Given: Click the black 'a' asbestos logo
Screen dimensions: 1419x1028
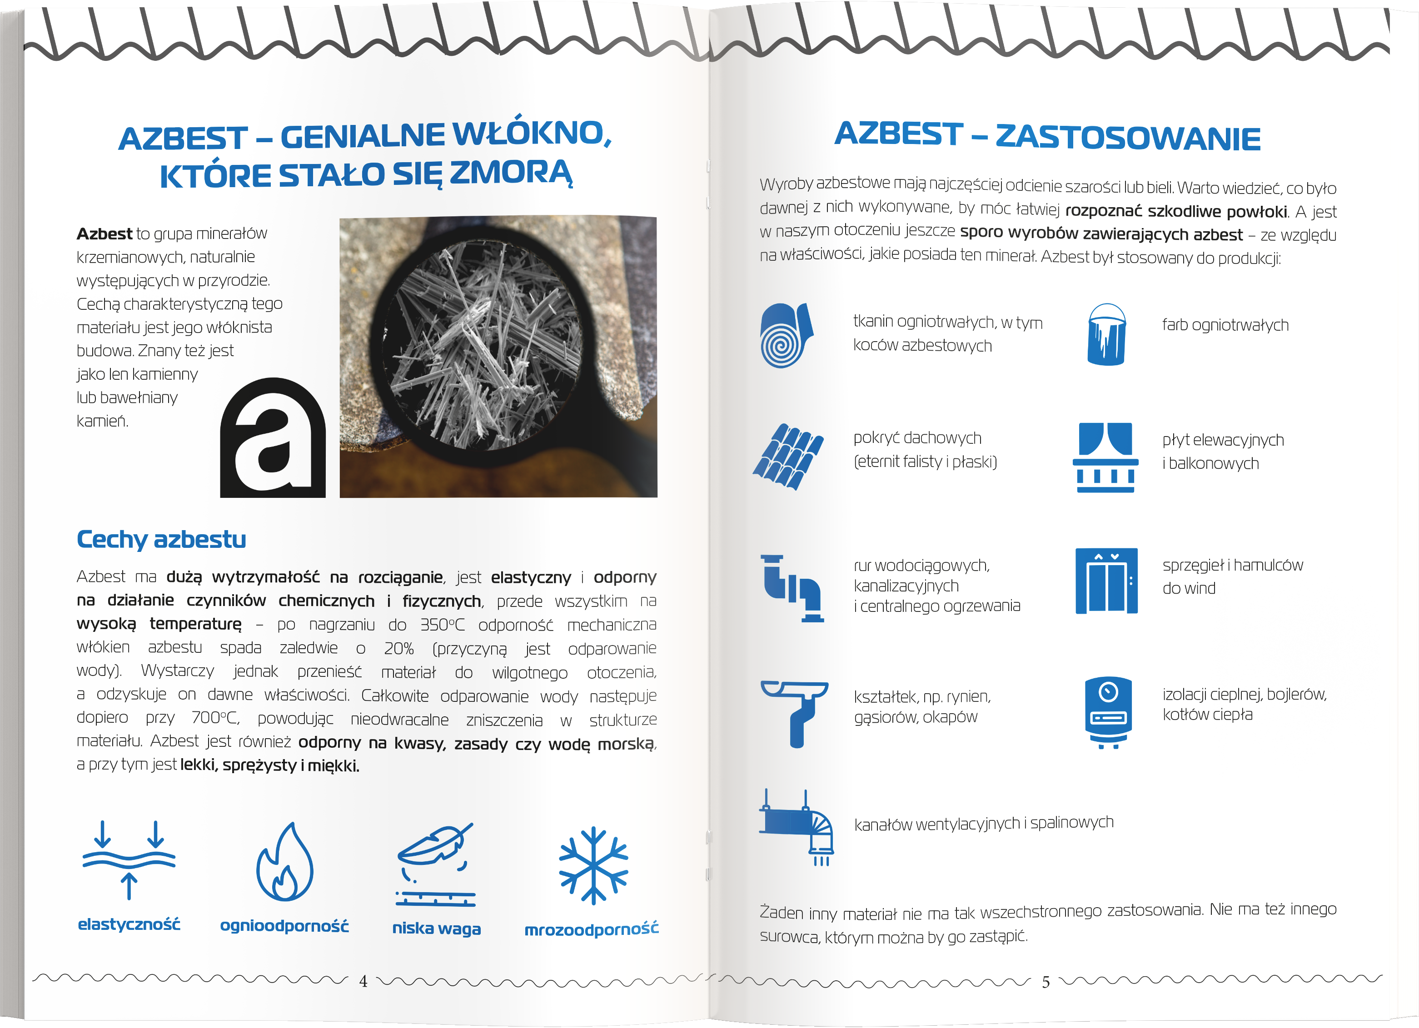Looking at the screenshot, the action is [273, 437].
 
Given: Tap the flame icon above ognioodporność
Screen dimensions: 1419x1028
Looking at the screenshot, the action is [285, 862].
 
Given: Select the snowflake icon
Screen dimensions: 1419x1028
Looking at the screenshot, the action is [593, 865].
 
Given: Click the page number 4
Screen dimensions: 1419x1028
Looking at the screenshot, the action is [363, 981].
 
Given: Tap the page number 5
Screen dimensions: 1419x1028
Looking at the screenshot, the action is [1046, 982].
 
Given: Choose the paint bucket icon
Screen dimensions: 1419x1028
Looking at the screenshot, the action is [1106, 335].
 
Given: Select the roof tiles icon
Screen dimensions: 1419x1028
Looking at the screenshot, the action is [788, 457].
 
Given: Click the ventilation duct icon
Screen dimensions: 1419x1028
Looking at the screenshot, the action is [797, 827].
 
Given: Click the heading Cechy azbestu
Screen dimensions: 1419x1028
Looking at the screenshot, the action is [161, 539].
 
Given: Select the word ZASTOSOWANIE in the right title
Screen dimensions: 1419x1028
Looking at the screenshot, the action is [1128, 138].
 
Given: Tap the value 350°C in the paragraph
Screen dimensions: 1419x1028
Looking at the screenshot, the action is [443, 625].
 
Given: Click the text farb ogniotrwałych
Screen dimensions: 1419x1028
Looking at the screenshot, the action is [1225, 325].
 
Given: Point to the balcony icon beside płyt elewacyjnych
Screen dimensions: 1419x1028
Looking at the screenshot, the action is [1105, 457].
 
